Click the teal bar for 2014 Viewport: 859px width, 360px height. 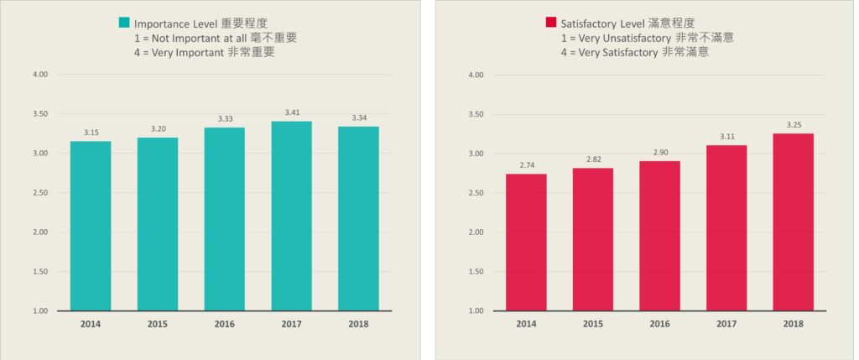[x=91, y=226]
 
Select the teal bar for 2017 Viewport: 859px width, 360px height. [x=291, y=216]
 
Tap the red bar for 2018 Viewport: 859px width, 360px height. [x=793, y=222]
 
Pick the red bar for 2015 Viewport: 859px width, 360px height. [x=593, y=239]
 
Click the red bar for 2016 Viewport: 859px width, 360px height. [x=659, y=236]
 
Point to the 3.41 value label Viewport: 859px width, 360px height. [x=291, y=112]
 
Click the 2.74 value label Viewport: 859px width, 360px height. [x=526, y=164]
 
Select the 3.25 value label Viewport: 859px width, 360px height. [x=793, y=124]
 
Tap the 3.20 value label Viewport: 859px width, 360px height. [x=158, y=128]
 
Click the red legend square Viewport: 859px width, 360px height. [x=551, y=23]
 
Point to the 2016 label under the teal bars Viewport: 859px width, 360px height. [x=224, y=324]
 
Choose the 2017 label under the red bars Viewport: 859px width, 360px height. [x=726, y=324]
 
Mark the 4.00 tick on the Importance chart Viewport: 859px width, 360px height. [x=40, y=75]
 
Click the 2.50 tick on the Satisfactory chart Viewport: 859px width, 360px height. [x=476, y=193]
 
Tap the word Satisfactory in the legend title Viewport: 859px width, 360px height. [x=594, y=23]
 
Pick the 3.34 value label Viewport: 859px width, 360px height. [x=358, y=117]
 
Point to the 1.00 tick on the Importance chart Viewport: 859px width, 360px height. [x=40, y=311]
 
